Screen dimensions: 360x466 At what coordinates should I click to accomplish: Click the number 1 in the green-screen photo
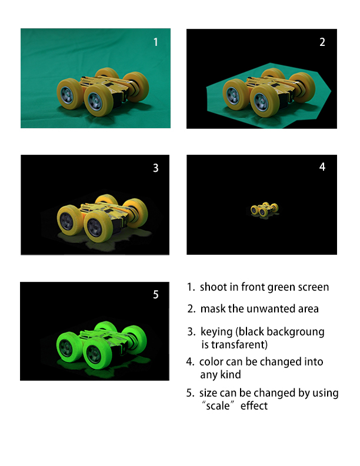156,42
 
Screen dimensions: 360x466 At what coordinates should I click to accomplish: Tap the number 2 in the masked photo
322,42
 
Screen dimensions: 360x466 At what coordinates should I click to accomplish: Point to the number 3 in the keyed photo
156,168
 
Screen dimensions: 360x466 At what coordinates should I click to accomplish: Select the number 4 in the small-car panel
322,167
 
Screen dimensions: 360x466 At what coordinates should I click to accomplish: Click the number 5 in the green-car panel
156,295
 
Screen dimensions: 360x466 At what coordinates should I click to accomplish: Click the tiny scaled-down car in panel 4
264,209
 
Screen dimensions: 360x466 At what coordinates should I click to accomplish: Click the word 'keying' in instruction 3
216,332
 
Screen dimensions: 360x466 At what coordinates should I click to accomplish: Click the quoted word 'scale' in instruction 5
218,405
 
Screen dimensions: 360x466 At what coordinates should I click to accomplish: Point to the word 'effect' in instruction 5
254,405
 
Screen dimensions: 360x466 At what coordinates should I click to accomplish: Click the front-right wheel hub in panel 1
95,101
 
